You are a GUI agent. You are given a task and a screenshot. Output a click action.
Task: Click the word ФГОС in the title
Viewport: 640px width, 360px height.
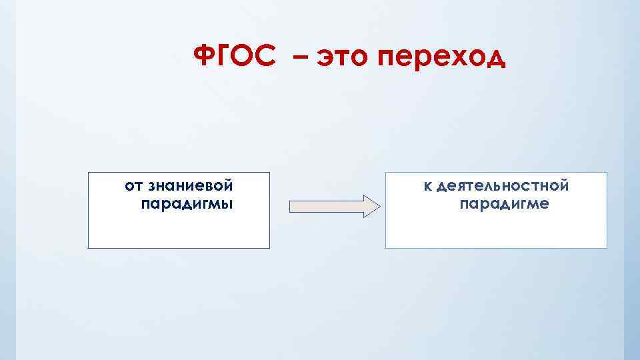pyautogui.click(x=234, y=57)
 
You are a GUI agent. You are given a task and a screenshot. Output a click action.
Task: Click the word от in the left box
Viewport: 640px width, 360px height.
pyautogui.click(x=132, y=185)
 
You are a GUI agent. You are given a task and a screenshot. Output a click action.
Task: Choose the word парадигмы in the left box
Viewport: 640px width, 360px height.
pyautogui.click(x=187, y=203)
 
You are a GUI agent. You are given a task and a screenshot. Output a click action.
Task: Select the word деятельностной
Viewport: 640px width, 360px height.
pyautogui.click(x=503, y=185)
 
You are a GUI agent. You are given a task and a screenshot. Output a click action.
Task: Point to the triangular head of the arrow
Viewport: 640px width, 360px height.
pyautogui.click(x=371, y=207)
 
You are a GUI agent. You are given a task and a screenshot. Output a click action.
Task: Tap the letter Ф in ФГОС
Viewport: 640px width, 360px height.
pyautogui.click(x=203, y=57)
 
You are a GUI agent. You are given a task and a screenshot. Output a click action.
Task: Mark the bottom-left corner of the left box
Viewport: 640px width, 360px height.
pyautogui.click(x=88, y=248)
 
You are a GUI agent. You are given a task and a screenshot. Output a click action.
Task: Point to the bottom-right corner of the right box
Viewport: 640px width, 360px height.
pyautogui.click(x=607, y=248)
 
